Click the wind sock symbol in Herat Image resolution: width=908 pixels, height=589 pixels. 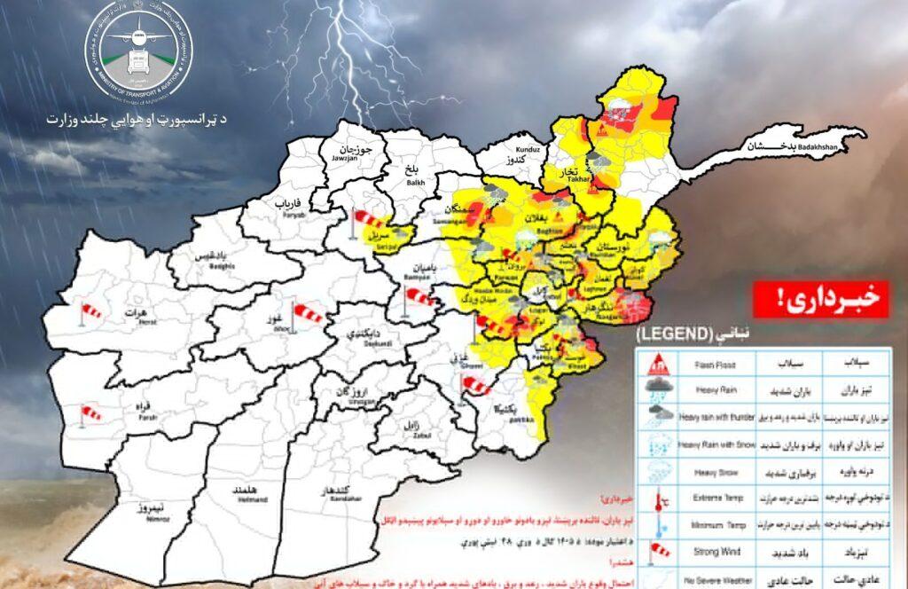pyautogui.click(x=90, y=311)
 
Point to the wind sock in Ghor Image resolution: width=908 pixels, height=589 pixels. pyautogui.click(x=309, y=311)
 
